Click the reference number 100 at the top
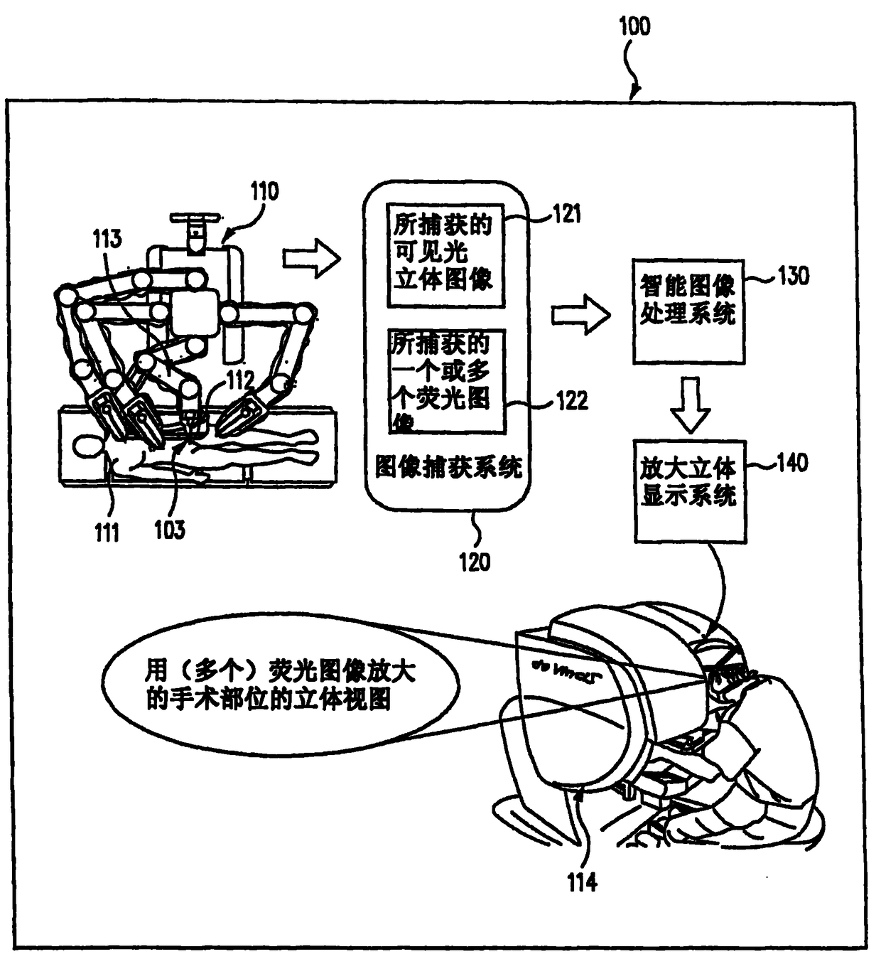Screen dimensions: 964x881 (634, 26)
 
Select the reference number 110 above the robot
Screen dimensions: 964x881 (264, 191)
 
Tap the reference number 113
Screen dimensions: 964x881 (107, 239)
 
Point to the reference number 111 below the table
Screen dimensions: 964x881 (107, 532)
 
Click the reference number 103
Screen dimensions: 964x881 (169, 530)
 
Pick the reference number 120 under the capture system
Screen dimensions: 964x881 (475, 562)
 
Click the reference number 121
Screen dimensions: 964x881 (567, 213)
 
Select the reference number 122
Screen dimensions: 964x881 (572, 401)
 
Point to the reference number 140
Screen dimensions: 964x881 (791, 463)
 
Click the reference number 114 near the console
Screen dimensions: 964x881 (582, 882)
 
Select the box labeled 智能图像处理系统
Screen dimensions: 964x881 (688, 311)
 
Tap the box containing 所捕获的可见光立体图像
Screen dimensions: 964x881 (445, 255)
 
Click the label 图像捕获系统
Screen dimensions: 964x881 (448, 467)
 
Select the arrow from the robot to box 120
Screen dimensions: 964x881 (311, 258)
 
